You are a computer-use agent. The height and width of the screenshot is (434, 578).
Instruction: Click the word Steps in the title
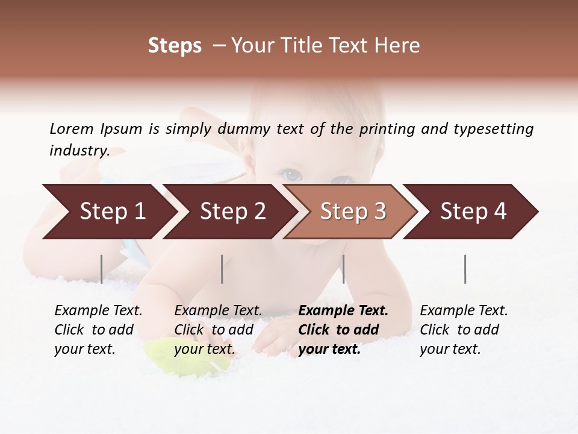pos(175,46)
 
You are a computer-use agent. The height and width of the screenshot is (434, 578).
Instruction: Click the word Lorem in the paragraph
pos(72,128)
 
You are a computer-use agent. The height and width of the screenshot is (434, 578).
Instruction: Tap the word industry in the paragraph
pos(79,151)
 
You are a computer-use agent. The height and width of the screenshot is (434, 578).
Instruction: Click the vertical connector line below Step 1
pos(102,269)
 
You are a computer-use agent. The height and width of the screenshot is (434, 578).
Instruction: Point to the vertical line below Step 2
pos(222,269)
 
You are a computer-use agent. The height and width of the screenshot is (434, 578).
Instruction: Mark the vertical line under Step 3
pos(343,269)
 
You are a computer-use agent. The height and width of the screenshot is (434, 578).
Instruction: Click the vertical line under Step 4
pos(465,269)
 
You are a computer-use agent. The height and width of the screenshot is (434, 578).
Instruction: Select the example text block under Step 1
pos(98,330)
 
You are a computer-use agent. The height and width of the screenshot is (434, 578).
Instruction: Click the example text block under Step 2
pos(218,330)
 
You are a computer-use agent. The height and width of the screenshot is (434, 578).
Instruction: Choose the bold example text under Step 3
pos(343,330)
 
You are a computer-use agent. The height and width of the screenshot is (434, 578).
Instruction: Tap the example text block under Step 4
pos(464,330)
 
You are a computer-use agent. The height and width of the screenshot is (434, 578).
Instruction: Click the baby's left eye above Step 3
pos(293,175)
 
